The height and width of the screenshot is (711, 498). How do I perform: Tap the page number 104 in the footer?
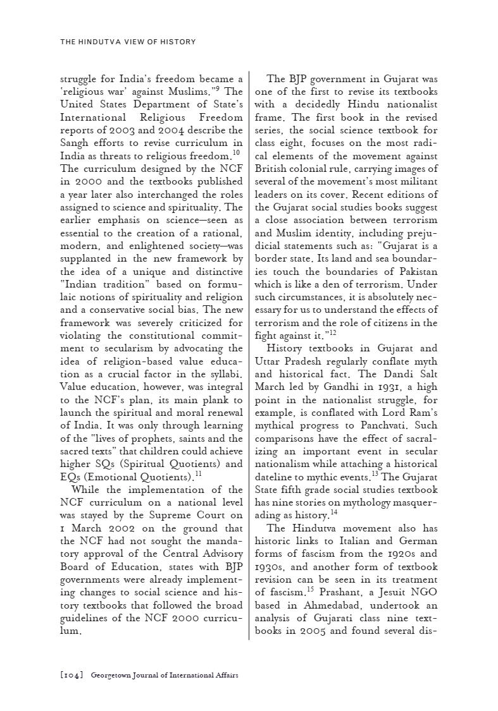[x=72, y=675]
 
